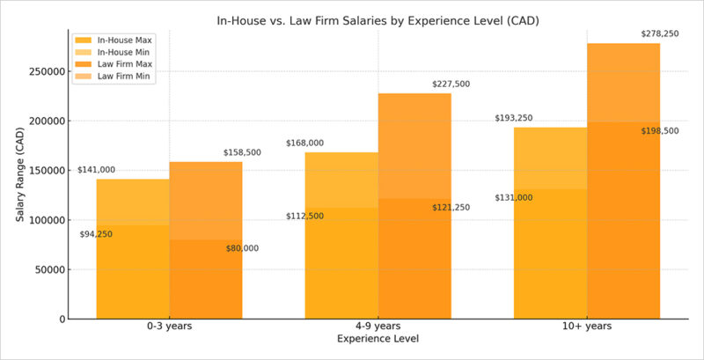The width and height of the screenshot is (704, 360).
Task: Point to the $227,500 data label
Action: coord(451,84)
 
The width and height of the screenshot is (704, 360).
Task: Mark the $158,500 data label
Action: coord(242,152)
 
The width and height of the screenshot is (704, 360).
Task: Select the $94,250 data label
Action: coord(96,234)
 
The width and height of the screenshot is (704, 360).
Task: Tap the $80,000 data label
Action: coord(242,248)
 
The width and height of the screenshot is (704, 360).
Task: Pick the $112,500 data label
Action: coord(304,216)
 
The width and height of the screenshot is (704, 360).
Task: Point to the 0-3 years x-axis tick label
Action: coord(170,326)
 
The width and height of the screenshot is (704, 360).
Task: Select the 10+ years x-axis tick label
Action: coord(587,326)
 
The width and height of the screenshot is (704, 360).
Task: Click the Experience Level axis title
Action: coord(378,338)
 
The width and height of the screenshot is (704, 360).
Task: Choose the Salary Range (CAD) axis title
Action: coord(20,173)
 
